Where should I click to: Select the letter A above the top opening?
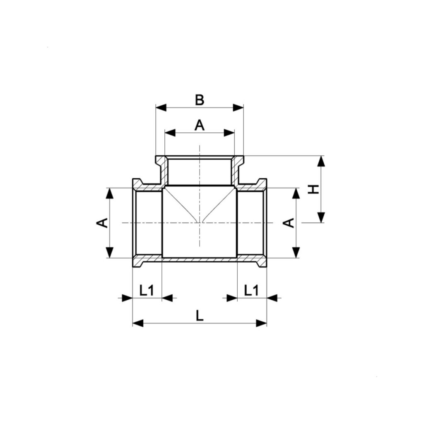pyautogui.click(x=200, y=125)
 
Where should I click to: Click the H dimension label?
pyautogui.click(x=314, y=189)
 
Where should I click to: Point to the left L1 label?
pyautogui.click(x=147, y=290)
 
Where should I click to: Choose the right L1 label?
pyautogui.click(x=251, y=290)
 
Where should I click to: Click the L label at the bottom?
pyautogui.click(x=200, y=316)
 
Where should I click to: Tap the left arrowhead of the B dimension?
pyautogui.click(x=161, y=107)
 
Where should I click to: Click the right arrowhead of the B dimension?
pyautogui.click(x=238, y=107)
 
